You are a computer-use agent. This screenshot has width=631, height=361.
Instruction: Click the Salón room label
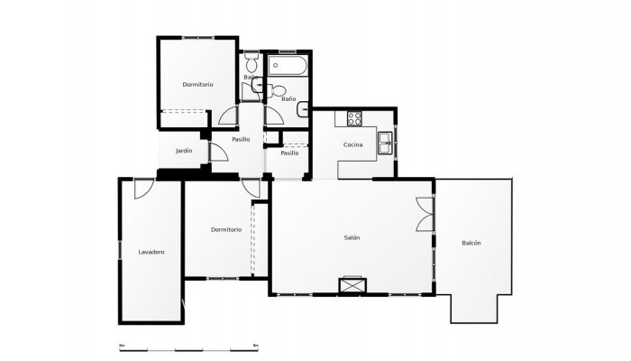tap(352, 237)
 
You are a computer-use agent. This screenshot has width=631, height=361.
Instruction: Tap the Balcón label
tap(471, 243)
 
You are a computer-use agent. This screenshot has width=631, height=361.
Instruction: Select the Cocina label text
tap(352, 144)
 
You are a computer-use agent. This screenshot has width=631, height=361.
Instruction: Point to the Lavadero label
tap(151, 252)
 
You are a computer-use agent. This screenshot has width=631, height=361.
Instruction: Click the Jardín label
tap(184, 150)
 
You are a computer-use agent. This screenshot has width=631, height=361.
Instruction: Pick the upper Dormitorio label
tap(197, 84)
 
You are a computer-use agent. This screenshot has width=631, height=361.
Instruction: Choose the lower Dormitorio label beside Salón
tap(225, 229)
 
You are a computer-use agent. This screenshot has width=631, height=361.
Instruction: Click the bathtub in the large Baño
tap(288, 67)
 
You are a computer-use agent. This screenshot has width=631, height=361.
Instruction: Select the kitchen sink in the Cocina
tap(385, 139)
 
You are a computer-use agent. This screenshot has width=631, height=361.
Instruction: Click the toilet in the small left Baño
tap(251, 64)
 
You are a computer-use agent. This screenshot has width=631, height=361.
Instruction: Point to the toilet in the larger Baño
tap(279, 90)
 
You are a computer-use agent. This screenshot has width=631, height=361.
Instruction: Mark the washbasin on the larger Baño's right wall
tap(304, 112)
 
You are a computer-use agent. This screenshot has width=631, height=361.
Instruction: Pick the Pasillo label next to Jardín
tap(241, 139)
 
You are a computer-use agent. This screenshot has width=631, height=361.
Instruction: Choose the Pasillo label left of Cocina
tap(289, 153)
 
